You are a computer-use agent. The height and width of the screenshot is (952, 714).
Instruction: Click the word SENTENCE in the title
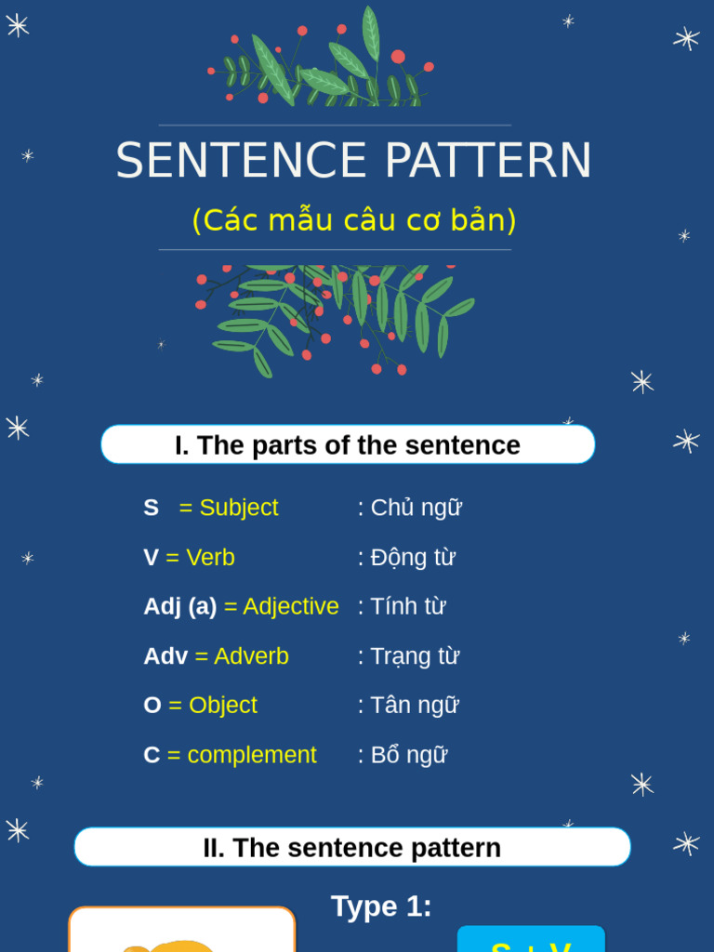[x=242, y=161]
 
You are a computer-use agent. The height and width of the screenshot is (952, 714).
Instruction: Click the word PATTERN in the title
[x=488, y=161]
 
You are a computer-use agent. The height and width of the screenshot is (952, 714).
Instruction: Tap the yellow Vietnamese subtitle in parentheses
[x=353, y=220]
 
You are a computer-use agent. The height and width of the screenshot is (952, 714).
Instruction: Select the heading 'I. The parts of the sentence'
[x=348, y=445]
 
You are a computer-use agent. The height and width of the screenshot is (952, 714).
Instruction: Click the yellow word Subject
[x=238, y=508]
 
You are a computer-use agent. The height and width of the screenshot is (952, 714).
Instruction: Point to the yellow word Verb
[x=210, y=558]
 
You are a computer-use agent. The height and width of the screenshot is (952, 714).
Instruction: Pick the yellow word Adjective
[x=291, y=606]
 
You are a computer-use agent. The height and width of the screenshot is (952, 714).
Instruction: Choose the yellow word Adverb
[x=251, y=656]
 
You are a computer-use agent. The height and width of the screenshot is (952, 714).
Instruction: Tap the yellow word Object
[x=222, y=706]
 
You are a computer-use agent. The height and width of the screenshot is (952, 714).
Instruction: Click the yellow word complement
[x=252, y=755]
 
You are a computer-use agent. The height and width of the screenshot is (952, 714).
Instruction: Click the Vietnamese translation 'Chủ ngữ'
[x=416, y=509]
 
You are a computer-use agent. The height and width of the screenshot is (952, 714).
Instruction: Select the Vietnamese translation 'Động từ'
[x=412, y=558]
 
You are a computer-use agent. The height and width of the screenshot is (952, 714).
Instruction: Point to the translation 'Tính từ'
[x=407, y=606]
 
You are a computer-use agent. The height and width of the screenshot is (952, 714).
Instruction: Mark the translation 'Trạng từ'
[x=415, y=656]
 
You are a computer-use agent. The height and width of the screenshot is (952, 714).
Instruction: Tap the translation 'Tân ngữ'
[x=414, y=706]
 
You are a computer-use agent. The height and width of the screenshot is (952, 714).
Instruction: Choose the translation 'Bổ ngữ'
[x=408, y=755]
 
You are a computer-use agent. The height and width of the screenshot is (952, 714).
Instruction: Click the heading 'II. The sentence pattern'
[x=352, y=848]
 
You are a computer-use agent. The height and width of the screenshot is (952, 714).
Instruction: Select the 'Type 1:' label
[x=381, y=906]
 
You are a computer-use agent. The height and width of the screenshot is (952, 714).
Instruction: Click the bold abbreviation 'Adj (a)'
[x=179, y=606]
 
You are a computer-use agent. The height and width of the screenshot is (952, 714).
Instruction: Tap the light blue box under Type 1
[x=531, y=941]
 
